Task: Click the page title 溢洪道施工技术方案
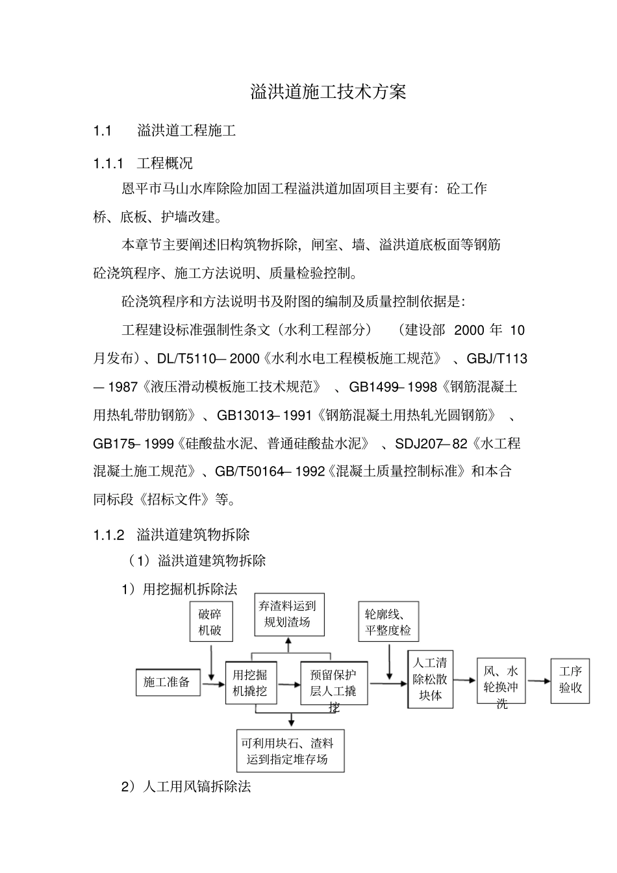point(328,92)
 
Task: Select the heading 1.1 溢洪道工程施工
point(164,131)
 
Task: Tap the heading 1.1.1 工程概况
point(143,163)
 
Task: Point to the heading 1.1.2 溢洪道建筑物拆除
point(171,535)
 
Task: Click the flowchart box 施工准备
point(167,682)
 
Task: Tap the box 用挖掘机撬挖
point(250,683)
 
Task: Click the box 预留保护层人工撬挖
point(333,683)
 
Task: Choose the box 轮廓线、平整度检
point(388,622)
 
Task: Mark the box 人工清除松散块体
point(430,679)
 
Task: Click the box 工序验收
point(570,680)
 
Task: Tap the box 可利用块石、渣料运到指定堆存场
point(290,751)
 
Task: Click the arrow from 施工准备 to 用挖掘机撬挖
point(212,683)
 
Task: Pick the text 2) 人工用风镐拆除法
point(186,787)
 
